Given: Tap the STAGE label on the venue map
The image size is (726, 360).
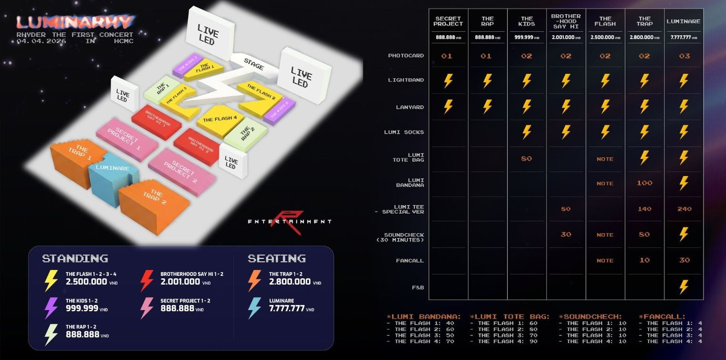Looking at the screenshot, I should tap(254, 64).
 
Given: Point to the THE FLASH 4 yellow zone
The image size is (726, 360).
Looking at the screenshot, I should tap(220, 120).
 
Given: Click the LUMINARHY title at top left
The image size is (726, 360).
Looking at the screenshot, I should tap(75, 22).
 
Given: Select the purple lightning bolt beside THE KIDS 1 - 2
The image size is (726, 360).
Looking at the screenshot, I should tap(51, 308).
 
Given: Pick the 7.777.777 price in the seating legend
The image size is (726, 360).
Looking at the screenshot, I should tap(287, 308).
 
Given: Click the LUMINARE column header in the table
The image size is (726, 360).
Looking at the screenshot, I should tap(683, 21).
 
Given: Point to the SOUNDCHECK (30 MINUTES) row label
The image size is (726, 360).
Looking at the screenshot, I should tap(404, 237).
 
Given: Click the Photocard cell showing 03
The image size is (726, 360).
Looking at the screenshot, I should tap(684, 56).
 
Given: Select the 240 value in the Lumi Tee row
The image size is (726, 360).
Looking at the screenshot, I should tap(684, 209).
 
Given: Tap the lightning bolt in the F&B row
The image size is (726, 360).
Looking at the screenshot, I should tap(684, 287).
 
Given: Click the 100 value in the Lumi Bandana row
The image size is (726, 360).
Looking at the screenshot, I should tap(645, 183).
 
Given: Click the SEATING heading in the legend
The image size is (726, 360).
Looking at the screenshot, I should tap(277, 259).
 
